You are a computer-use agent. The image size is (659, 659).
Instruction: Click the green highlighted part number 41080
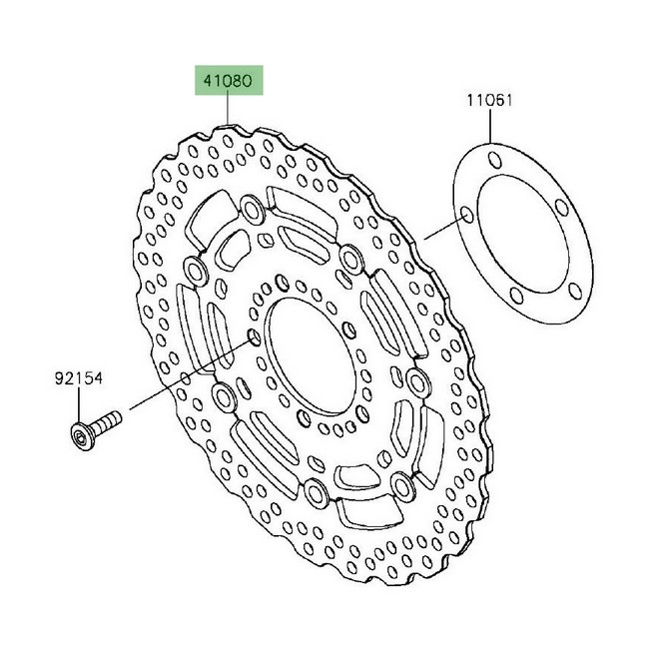(229, 80)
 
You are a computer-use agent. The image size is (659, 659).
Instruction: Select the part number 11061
(489, 101)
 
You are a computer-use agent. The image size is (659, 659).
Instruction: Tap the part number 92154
(78, 378)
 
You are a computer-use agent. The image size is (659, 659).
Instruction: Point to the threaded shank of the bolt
(107, 421)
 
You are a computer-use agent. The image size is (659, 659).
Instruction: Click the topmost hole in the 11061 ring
(494, 159)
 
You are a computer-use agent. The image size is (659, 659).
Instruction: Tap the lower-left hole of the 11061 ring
(516, 296)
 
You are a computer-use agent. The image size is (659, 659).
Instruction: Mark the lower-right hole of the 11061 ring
(575, 291)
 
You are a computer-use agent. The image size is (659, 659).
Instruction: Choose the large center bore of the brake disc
(309, 355)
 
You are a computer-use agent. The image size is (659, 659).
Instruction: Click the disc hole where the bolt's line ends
(254, 336)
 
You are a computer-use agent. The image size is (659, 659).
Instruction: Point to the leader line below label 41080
(228, 109)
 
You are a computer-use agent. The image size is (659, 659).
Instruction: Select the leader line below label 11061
(490, 125)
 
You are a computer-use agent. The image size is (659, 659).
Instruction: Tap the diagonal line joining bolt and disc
(190, 374)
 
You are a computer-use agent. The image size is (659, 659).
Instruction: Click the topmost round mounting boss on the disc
(252, 209)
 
